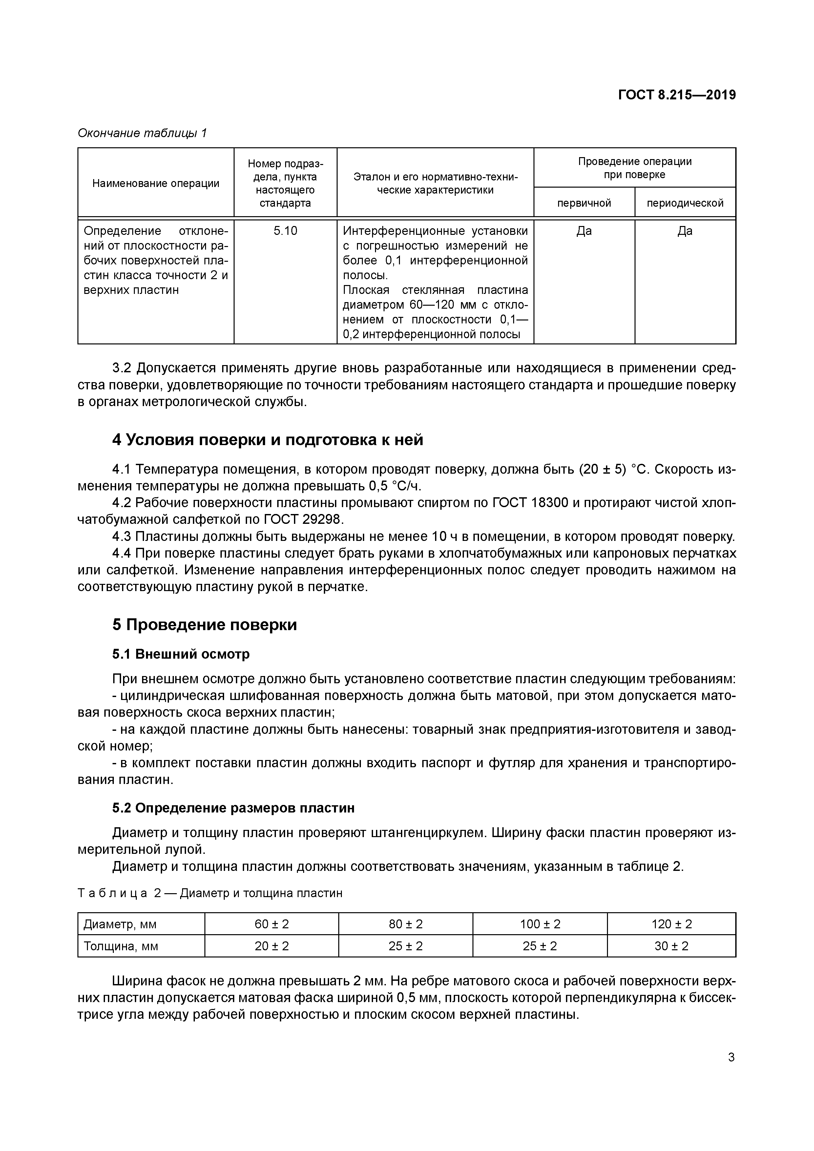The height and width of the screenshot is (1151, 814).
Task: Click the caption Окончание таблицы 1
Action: (142, 133)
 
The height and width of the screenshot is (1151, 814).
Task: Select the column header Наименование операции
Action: (156, 183)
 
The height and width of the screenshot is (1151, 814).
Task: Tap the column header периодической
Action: (685, 203)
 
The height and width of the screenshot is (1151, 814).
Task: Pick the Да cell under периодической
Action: (685, 231)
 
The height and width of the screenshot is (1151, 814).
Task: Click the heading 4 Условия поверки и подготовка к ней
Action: (267, 440)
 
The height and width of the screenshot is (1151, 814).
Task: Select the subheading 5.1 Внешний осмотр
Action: (180, 654)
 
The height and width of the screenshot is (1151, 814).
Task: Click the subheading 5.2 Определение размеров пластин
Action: (233, 808)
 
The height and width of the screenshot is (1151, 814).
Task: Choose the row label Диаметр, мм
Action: (116, 924)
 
